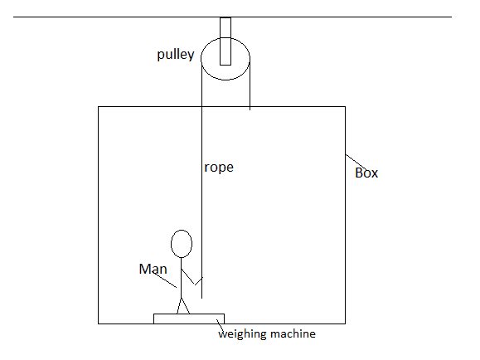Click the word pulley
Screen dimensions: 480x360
point(176,55)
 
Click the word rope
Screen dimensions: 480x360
point(219,168)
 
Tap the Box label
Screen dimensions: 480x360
point(366,173)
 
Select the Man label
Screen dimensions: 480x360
point(153,269)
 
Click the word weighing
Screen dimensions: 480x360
point(241,334)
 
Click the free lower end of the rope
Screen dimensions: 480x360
point(201,298)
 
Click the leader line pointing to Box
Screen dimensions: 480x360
point(356,162)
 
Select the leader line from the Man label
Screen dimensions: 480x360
point(164,280)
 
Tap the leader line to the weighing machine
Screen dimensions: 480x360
point(220,325)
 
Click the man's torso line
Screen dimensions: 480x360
point(182,278)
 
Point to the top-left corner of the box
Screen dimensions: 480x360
point(99,107)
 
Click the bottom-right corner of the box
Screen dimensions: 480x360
point(346,324)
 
